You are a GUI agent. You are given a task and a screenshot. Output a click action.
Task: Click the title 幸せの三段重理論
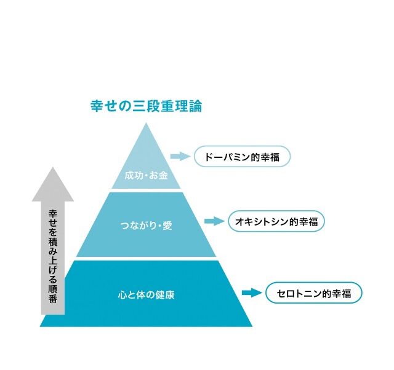point(147,106)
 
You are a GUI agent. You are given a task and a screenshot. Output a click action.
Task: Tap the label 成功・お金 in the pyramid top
point(147,175)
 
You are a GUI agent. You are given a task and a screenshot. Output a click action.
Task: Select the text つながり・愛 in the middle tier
point(147,226)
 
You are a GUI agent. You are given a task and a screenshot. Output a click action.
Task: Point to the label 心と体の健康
point(147,295)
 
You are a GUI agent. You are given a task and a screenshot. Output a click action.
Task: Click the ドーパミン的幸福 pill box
point(242,157)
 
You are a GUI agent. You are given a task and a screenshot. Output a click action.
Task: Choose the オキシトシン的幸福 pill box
point(276,221)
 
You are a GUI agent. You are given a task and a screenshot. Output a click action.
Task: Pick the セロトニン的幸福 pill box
point(314,293)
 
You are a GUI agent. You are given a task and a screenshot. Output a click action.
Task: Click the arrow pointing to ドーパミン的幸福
point(180,157)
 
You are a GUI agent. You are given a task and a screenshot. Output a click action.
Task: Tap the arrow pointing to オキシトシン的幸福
point(214,221)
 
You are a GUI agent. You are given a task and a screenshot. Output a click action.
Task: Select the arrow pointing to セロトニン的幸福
point(252,293)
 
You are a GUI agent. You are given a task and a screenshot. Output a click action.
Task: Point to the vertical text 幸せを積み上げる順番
point(53,257)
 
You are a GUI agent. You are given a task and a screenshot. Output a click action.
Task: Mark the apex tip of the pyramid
point(146,123)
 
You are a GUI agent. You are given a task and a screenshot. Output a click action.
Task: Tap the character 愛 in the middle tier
point(167,226)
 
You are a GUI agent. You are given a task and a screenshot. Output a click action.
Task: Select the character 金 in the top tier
point(163,175)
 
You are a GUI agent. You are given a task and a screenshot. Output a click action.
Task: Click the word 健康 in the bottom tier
point(165,295)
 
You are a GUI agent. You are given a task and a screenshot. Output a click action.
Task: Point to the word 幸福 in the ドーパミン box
point(270,157)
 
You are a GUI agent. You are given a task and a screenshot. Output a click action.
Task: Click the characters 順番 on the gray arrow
point(53,294)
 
